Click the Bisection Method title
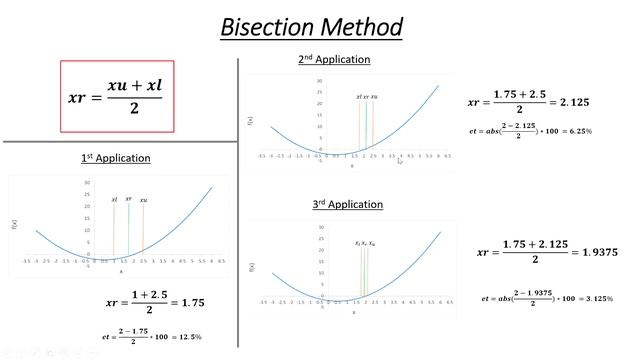[311, 26]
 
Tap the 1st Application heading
[116, 158]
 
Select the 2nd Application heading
[334, 60]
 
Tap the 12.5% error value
[183, 338]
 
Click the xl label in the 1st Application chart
[115, 201]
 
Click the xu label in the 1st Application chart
[144, 201]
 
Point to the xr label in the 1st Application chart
[129, 199]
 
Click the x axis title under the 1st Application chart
[121, 271]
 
